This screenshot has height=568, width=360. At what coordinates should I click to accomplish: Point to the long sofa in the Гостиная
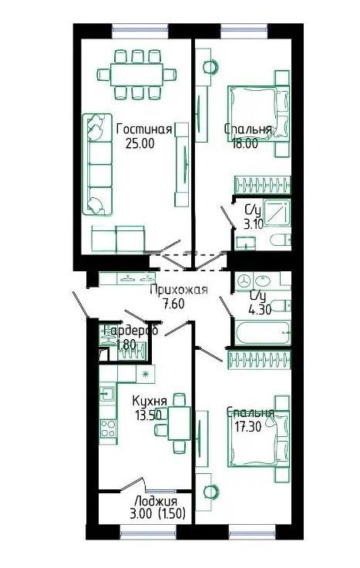click(97, 163)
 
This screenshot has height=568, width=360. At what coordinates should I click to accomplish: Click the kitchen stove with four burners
click(107, 426)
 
